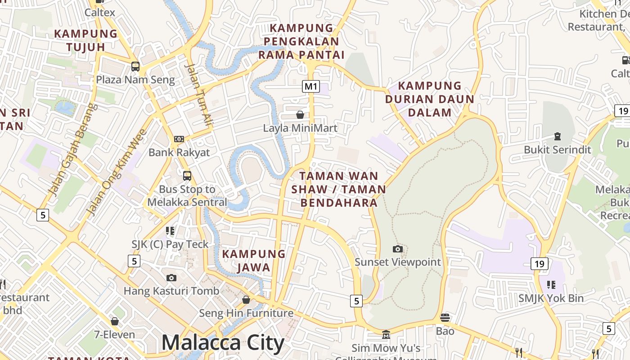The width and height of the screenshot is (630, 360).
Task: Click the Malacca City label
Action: click(x=223, y=343)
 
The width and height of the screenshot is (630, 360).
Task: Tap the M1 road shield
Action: click(x=310, y=86)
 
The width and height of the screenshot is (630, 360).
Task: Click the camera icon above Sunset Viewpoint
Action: click(x=398, y=249)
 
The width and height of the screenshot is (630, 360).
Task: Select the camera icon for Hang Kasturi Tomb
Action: click(x=171, y=278)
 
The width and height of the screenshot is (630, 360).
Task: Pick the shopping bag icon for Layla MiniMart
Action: click(x=300, y=115)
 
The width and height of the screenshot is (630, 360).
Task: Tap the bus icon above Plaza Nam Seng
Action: click(x=135, y=67)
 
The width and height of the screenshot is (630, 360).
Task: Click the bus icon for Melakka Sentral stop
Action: click(x=187, y=175)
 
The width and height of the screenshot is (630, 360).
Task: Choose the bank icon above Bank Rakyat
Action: click(x=179, y=139)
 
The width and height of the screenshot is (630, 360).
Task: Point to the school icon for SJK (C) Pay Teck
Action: click(x=170, y=231)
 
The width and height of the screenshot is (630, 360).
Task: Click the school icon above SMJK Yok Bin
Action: click(x=551, y=284)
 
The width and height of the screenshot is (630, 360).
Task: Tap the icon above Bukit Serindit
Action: click(x=558, y=136)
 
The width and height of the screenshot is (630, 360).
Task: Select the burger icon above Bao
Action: click(x=445, y=318)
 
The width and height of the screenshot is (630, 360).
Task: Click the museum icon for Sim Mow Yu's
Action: click(x=386, y=335)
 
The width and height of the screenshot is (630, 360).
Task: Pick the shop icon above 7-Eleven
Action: click(x=115, y=321)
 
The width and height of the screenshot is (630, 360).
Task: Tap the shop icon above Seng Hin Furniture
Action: click(x=246, y=299)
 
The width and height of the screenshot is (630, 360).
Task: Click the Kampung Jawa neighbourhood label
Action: click(x=254, y=261)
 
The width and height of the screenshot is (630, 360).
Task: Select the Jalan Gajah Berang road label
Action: click(x=72, y=150)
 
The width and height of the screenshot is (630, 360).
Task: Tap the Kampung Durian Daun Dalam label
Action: click(x=429, y=99)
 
